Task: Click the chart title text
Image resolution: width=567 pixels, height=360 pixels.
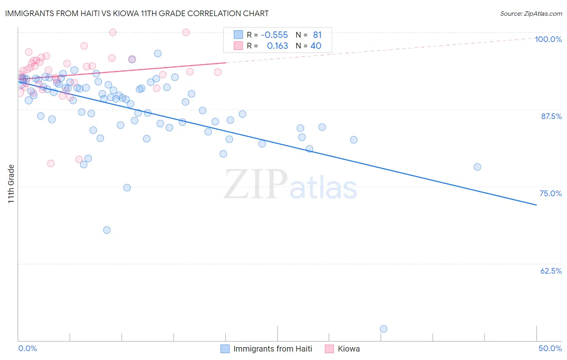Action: coord(137,13)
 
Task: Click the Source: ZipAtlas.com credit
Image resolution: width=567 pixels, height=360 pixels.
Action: coord(531,13)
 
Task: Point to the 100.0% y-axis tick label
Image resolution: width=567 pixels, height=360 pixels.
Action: coord(548,39)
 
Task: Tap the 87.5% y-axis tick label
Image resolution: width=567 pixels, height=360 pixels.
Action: coord(551,116)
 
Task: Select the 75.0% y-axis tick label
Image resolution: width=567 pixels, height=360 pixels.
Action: coord(550,193)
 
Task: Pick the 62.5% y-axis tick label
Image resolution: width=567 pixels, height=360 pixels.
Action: coord(551,271)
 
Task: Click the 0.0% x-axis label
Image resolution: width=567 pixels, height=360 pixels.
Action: coord(27,348)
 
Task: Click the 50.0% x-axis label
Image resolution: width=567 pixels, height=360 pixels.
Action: coord(550,348)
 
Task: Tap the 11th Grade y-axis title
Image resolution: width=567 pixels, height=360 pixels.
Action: coord(11,184)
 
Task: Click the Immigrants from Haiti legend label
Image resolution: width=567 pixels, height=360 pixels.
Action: coord(273,349)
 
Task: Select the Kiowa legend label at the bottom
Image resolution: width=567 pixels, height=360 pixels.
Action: coord(348,349)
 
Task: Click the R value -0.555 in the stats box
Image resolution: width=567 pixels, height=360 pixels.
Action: coord(274,35)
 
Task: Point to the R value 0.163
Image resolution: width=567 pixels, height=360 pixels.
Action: coord(277,46)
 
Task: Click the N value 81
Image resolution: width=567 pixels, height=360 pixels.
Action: coord(317,35)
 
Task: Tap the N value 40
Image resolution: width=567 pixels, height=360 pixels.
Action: coord(316,46)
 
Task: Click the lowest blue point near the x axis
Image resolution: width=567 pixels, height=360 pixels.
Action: coord(384,329)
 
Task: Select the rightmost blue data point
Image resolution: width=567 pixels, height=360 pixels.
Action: coord(477,167)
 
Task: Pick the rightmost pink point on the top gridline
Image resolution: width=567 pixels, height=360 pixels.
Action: coord(186,32)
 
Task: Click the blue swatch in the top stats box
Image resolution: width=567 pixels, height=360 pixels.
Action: coord(238,35)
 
